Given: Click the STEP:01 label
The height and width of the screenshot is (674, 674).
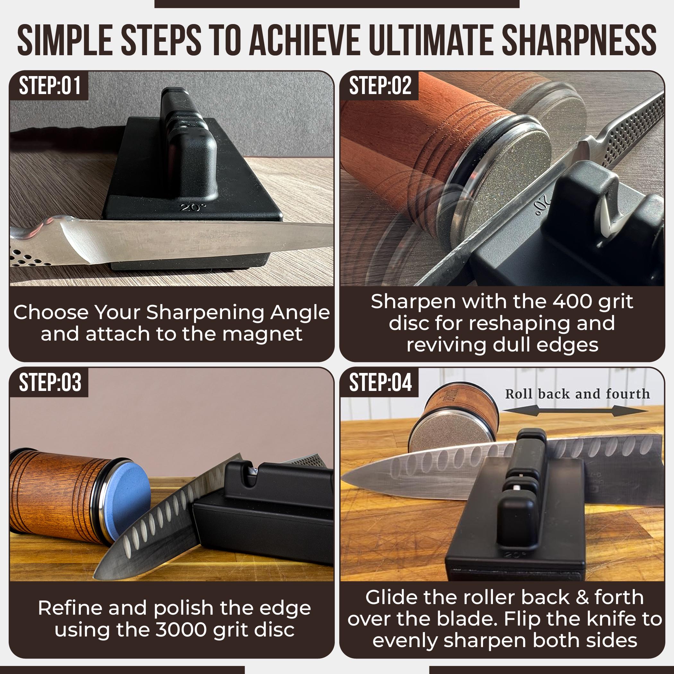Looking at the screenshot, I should click(x=50, y=86).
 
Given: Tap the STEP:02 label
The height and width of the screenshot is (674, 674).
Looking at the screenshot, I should click(x=380, y=86).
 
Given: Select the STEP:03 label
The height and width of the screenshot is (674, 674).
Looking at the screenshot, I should click(x=50, y=382).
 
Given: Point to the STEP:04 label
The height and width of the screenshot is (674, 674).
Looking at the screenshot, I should click(x=380, y=382).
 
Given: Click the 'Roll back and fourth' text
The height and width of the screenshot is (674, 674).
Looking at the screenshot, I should click(x=577, y=394).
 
